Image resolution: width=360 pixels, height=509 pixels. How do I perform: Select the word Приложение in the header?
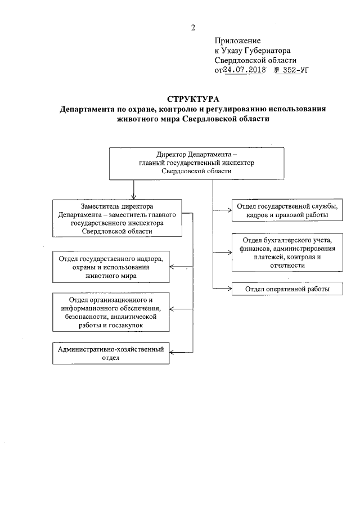237,40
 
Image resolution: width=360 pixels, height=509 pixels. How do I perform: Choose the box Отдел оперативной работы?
287,289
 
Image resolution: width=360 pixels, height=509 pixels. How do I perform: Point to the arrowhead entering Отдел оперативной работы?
229,289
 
